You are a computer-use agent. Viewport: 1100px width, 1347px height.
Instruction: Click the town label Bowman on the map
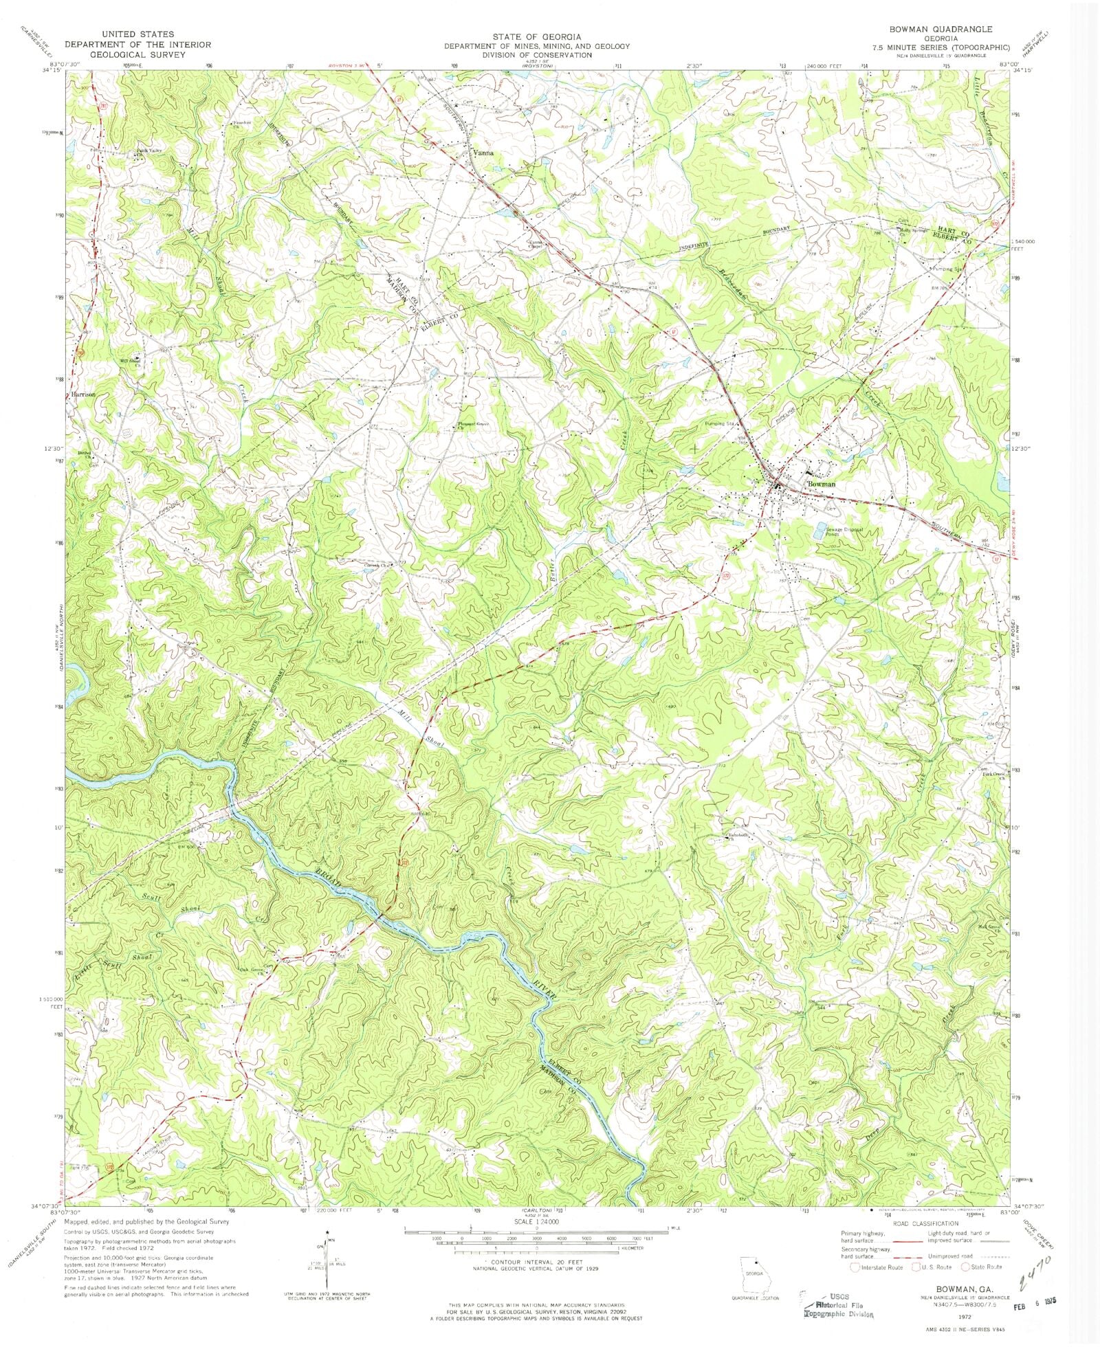point(822,484)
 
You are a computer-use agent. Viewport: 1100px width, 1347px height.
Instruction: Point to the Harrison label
point(82,394)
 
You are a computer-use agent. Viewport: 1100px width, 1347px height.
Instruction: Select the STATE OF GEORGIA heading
point(536,36)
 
